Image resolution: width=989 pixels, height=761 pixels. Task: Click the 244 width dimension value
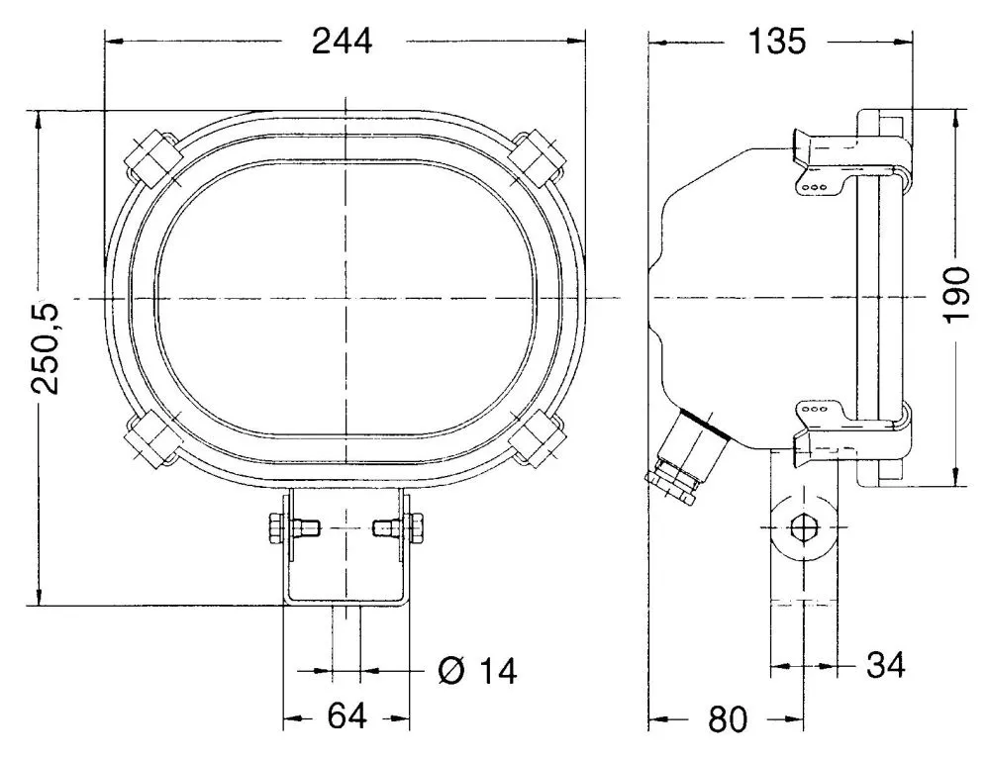(x=343, y=42)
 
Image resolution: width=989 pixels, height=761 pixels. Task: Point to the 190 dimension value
(x=955, y=294)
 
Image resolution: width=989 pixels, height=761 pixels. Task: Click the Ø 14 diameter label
(x=477, y=671)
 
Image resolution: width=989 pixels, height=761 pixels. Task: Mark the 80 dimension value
(x=728, y=719)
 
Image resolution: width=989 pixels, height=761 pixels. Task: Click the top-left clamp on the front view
(x=150, y=158)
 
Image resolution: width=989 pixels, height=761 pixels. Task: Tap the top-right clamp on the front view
(x=540, y=156)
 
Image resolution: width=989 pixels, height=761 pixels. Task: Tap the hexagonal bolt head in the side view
(x=804, y=527)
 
